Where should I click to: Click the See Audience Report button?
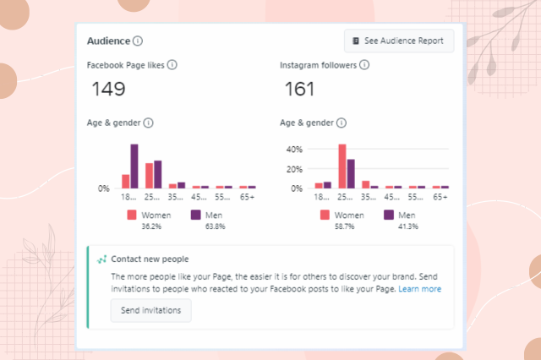399,41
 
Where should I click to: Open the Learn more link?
420,289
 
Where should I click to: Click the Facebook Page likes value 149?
108,89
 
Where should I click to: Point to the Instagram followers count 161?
299,89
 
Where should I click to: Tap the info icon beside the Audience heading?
138,41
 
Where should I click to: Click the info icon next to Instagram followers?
364,65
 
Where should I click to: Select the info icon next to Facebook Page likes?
172,65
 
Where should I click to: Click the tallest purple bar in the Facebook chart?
134,166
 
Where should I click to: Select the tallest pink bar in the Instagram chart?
342,166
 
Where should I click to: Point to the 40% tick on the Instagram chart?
295,149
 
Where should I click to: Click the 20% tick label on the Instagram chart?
295,169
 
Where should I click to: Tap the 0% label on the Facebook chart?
104,188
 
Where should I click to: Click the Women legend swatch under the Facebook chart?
132,215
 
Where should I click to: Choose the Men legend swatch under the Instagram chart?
389,215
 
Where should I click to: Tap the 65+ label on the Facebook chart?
247,196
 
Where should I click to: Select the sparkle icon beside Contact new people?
101,259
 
